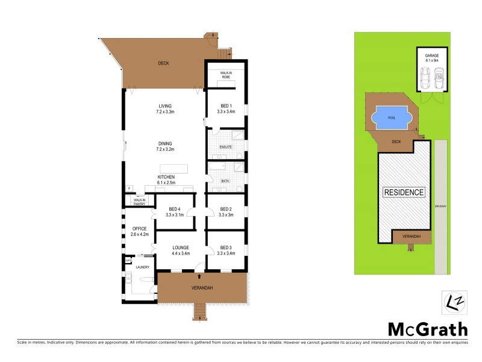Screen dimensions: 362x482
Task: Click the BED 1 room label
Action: [x=225, y=109]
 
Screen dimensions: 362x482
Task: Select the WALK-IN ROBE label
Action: [x=225, y=75]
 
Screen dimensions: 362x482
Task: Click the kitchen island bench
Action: [x=174, y=168]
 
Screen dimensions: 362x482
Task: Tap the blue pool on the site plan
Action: [x=392, y=118]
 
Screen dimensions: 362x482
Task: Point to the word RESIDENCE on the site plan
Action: [x=404, y=192]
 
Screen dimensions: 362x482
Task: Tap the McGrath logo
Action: [x=427, y=329]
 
